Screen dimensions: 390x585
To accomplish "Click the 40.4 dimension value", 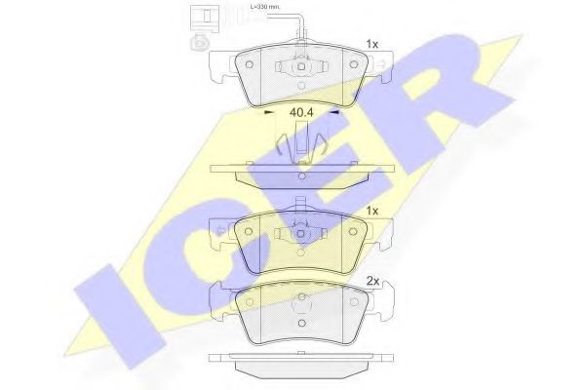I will coord(301,114).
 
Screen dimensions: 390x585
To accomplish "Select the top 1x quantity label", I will coord(371,44).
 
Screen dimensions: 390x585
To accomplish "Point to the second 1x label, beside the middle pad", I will coord(371,210).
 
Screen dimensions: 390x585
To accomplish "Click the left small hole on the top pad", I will coord(251,64).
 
